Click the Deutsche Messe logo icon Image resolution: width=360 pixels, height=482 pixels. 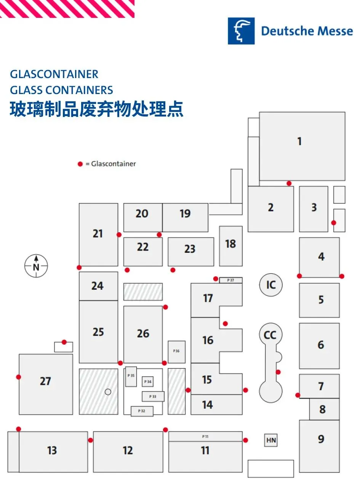pos(241,31)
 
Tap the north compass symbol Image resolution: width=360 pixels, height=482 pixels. pos(36,265)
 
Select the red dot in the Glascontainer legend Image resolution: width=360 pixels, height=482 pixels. pos(80,164)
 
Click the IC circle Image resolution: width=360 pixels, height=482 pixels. pos(271,285)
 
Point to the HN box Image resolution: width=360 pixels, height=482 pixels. pos(271,441)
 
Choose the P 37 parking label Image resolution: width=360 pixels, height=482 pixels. pos(230,280)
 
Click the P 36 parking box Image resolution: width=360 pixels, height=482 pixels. pos(176,351)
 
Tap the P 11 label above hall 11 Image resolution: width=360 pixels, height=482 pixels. pos(205,436)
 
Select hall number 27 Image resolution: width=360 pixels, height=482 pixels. pos(45,381)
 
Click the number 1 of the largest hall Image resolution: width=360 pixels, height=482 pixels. pos(299,141)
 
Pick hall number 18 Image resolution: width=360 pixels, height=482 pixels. pos(230,244)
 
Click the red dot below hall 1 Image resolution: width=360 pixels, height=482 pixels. pos(289,184)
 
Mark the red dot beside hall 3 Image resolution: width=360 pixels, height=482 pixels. pos(334,223)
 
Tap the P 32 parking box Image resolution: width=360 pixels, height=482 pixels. pos(142,411)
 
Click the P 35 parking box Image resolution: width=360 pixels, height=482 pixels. pos(131,376)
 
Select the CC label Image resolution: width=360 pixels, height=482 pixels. pos(270,335)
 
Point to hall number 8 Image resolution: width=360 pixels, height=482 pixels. pos(322,409)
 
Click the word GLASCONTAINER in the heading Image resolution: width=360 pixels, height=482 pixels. pos(54,74)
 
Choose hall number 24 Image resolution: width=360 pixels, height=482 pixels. pos(98,286)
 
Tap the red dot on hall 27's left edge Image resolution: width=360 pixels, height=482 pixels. pos(19,377)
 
